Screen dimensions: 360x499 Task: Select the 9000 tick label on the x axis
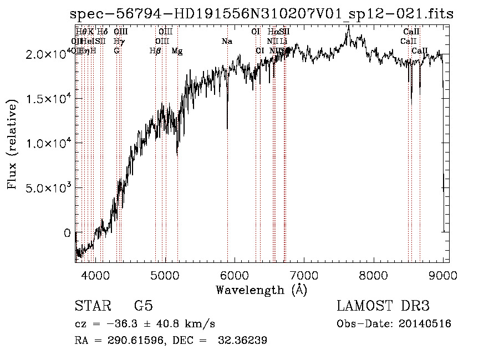(x=443, y=274)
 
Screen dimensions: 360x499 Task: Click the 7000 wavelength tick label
(x=304, y=274)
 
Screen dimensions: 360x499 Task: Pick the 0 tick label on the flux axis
(x=68, y=234)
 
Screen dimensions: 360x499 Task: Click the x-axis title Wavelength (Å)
(x=262, y=290)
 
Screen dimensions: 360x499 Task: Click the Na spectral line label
(x=226, y=42)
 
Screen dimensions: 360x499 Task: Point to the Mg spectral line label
(x=177, y=51)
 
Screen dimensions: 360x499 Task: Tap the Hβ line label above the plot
(x=155, y=51)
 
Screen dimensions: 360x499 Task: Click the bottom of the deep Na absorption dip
(x=227, y=128)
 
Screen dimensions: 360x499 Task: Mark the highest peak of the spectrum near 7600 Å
(x=348, y=27)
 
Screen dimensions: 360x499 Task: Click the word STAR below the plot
(x=89, y=306)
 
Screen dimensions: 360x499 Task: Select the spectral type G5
(x=144, y=306)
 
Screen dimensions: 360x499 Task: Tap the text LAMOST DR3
(x=383, y=306)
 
